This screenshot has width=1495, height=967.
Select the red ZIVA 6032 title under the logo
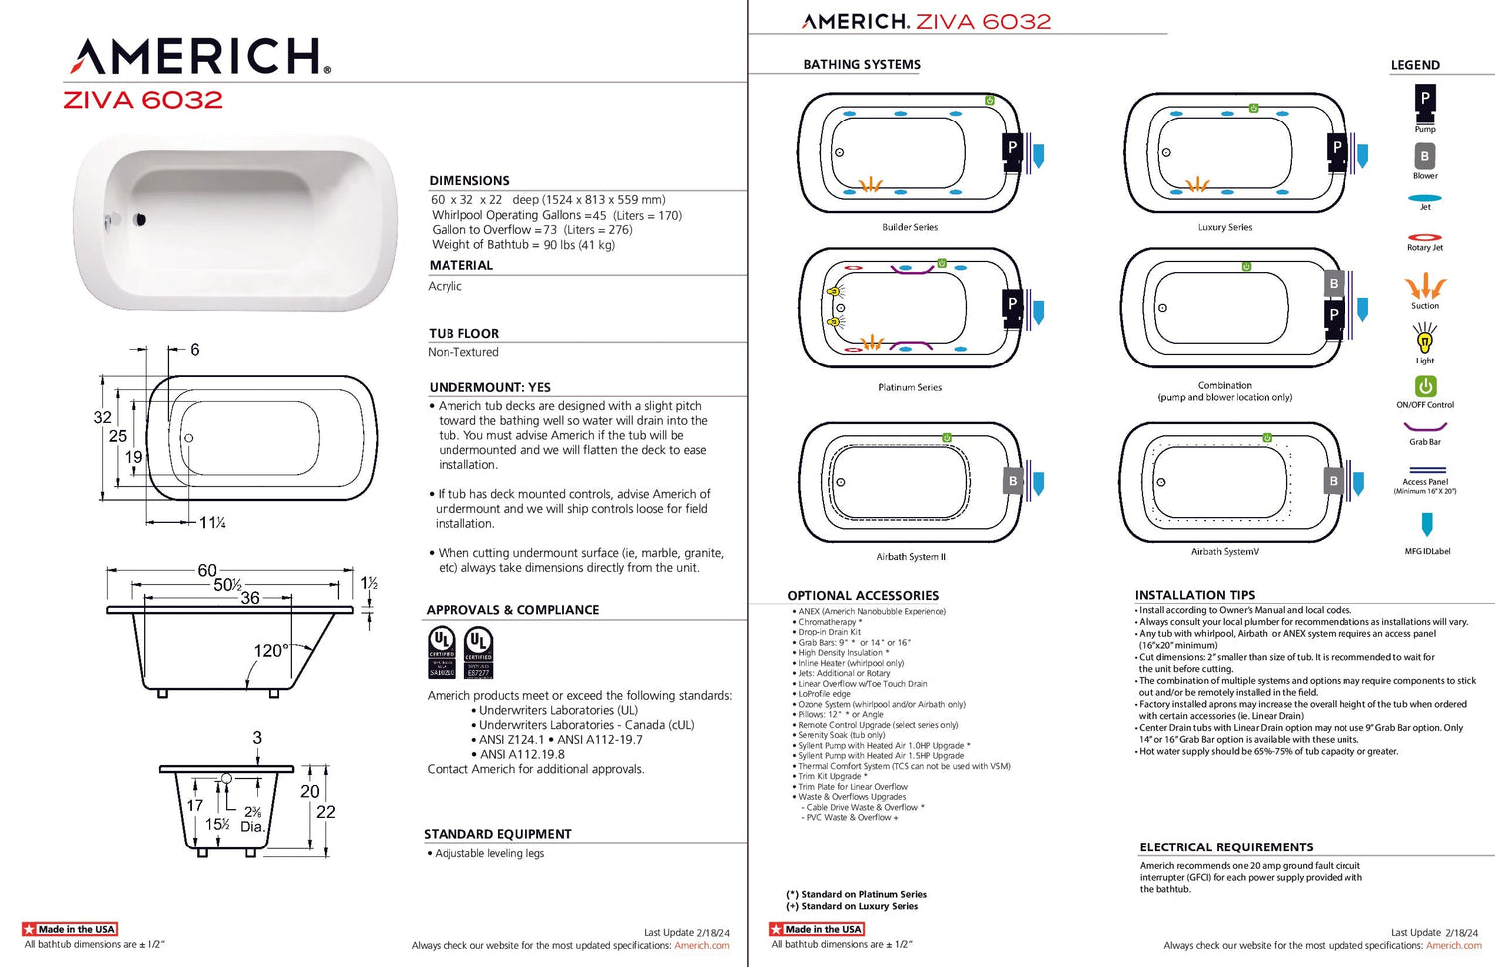click(143, 100)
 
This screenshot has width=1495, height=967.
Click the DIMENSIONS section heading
click(469, 181)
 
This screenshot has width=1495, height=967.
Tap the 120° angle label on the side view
click(270, 650)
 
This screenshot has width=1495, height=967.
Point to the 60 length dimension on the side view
click(207, 570)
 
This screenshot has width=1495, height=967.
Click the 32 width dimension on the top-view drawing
click(102, 417)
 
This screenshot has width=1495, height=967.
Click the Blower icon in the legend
click(1425, 156)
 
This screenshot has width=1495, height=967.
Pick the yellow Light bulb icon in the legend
click(1425, 340)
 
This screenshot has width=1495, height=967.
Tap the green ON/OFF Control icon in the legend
click(1425, 386)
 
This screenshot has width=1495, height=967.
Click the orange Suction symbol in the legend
click(1425, 287)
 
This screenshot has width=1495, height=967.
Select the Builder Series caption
click(910, 227)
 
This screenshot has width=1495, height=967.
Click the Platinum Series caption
click(910, 387)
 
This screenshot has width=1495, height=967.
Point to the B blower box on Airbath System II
click(1013, 481)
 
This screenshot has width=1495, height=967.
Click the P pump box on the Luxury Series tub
click(1337, 147)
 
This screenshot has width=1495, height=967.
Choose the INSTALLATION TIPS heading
click(1195, 595)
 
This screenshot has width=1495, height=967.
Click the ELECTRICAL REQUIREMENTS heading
click(1226, 847)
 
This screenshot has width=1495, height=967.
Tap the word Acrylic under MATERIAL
click(446, 286)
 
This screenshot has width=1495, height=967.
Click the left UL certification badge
click(442, 652)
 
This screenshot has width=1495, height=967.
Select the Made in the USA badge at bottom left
click(70, 929)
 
